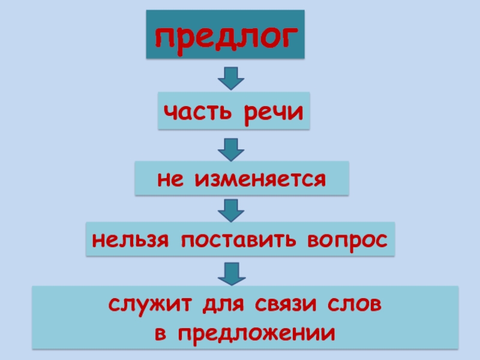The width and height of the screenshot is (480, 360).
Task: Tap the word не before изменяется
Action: [171, 179]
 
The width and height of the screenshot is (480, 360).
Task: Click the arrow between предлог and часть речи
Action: [230, 77]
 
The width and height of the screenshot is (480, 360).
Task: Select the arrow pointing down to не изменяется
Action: [230, 148]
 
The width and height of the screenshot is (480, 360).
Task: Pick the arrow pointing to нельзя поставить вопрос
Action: [230, 209]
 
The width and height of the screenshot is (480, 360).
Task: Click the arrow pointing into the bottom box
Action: [230, 273]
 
